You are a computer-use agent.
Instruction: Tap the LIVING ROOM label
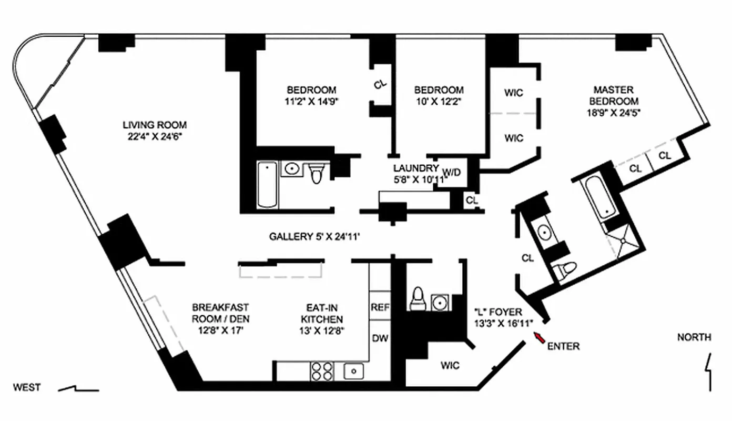[155, 125]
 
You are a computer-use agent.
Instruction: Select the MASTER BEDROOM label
[614, 95]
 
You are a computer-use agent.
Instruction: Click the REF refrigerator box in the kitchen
[379, 307]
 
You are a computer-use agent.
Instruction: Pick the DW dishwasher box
[379, 338]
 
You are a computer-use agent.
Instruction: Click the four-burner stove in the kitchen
[321, 371]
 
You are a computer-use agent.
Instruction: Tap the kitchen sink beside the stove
[354, 371]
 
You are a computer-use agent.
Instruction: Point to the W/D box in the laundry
[452, 172]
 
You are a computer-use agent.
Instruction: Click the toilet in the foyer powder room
[418, 298]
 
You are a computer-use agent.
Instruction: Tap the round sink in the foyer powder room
[440, 302]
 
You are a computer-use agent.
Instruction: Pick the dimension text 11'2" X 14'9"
[311, 101]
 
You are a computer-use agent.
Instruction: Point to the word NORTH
[694, 337]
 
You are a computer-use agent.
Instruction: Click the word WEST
[27, 388]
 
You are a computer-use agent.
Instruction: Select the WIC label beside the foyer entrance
[451, 365]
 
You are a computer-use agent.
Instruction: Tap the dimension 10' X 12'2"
[439, 101]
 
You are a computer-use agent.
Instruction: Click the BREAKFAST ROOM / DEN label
[220, 313]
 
